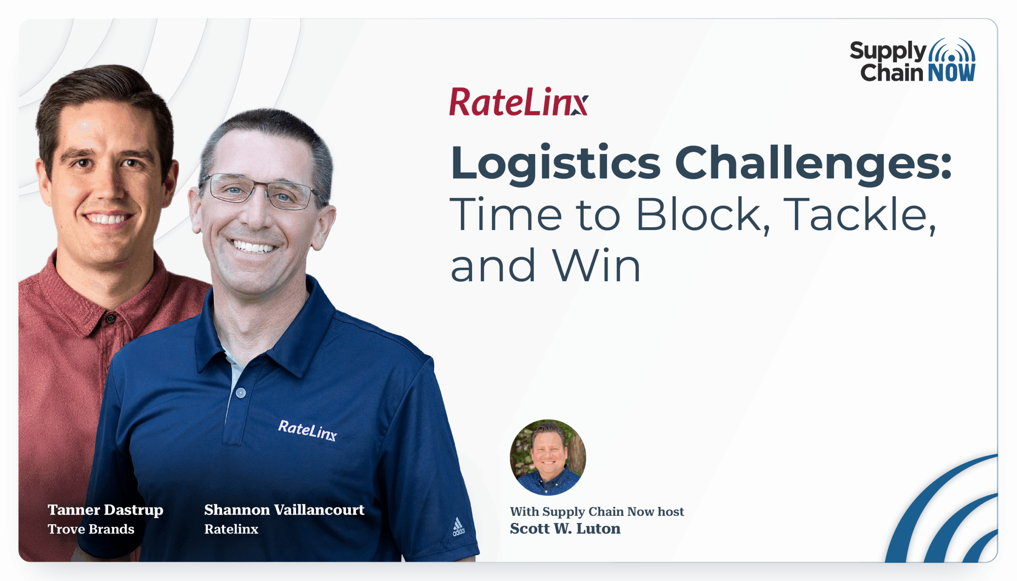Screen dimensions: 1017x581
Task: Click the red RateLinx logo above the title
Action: click(x=518, y=102)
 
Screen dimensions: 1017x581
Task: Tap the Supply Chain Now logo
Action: click(x=913, y=60)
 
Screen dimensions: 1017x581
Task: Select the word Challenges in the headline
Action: click(x=813, y=164)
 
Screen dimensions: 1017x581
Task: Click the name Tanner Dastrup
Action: click(x=105, y=510)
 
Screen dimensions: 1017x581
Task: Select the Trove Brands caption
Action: click(x=91, y=529)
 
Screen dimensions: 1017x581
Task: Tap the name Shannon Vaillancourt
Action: click(x=284, y=510)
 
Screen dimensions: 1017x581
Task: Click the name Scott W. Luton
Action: click(x=565, y=529)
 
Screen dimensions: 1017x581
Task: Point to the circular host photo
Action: click(x=548, y=457)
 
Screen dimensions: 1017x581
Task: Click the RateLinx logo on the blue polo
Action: click(x=307, y=430)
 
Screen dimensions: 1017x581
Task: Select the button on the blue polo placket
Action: click(x=241, y=393)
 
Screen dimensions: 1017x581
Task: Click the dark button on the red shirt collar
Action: click(x=110, y=318)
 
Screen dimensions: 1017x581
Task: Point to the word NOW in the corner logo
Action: click(x=951, y=73)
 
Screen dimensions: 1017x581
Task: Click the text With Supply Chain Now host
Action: click(x=597, y=512)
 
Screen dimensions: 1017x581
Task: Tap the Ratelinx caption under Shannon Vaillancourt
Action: click(x=232, y=529)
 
